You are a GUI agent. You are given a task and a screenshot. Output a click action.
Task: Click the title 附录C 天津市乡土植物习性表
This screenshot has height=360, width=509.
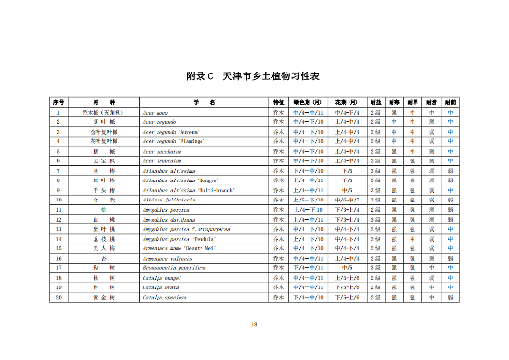[x=253, y=74]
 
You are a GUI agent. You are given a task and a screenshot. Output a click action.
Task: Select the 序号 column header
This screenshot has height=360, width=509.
[x=58, y=100]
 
